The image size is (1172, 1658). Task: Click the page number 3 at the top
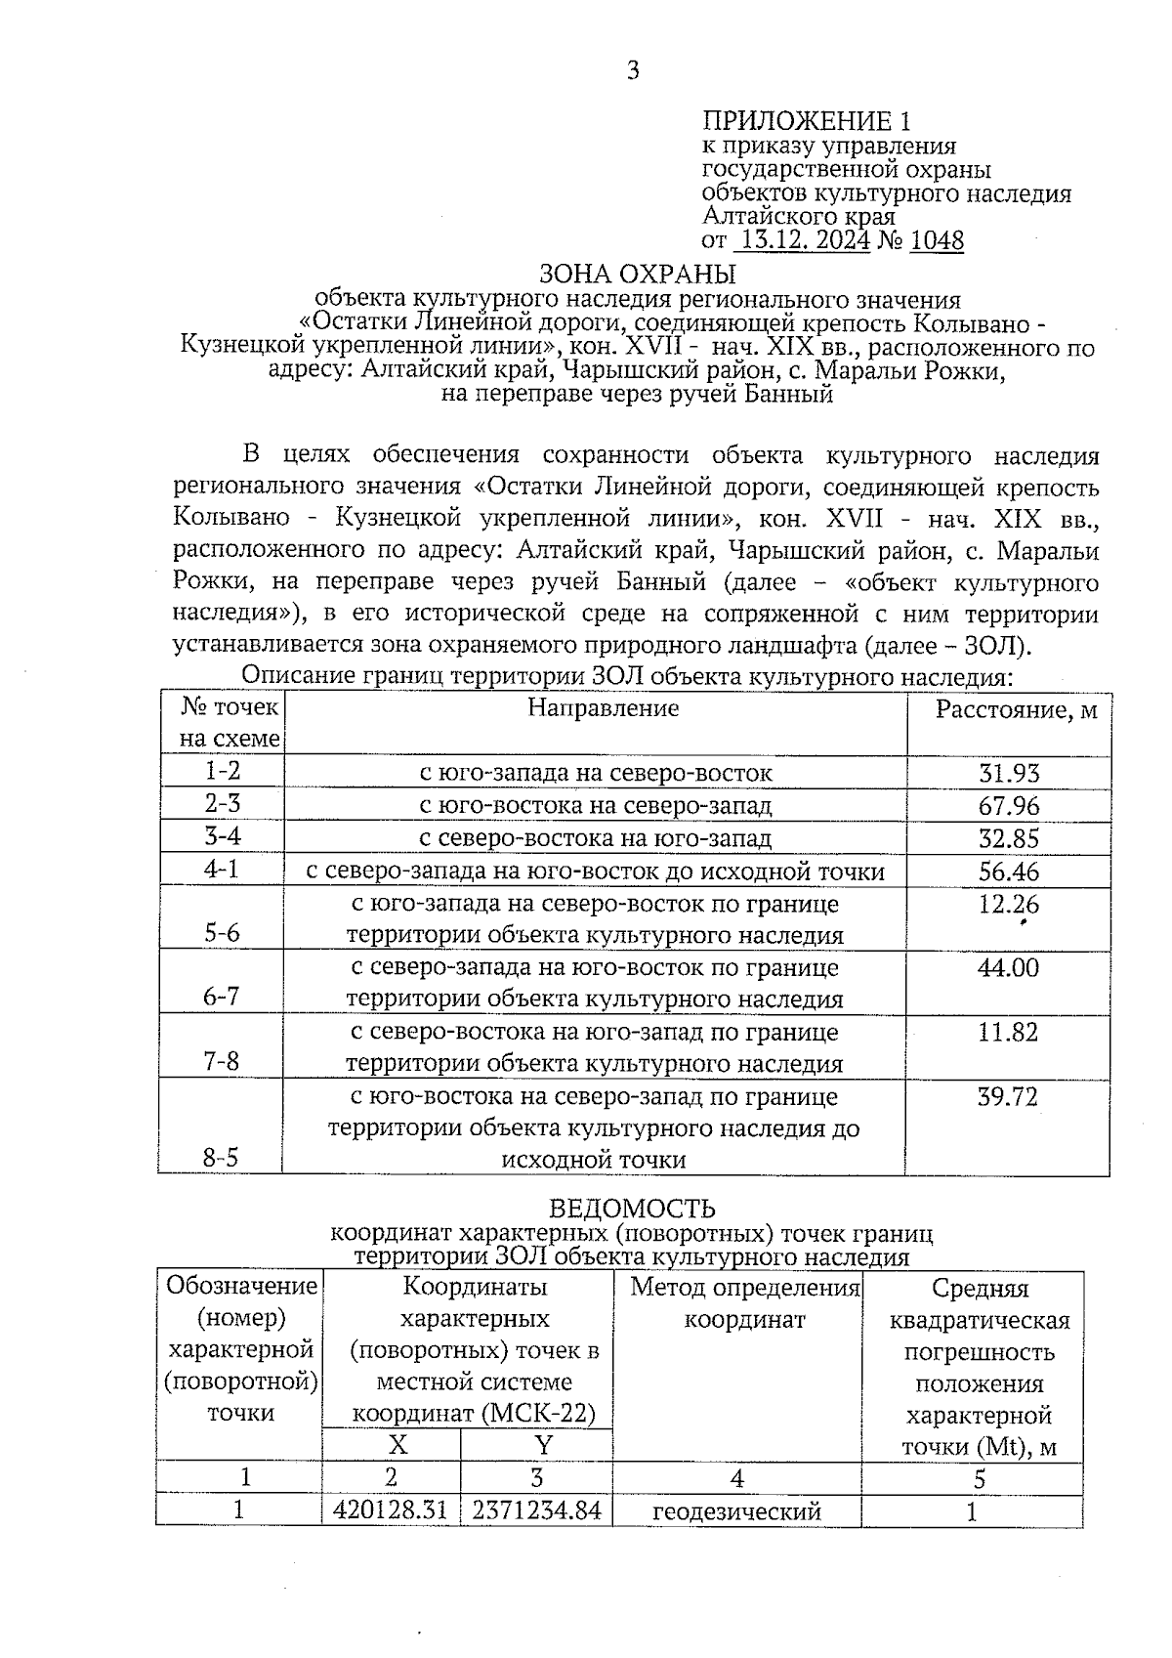tap(633, 70)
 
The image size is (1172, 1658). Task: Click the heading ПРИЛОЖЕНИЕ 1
tap(806, 121)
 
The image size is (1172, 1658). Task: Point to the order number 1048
tap(936, 240)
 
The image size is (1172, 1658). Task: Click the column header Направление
tap(603, 707)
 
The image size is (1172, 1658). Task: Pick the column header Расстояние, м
tap(1015, 710)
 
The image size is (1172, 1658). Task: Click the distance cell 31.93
tap(1009, 773)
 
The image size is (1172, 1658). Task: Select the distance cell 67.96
tap(1009, 806)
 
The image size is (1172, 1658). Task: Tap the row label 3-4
tap(223, 836)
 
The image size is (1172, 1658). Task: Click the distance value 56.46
tap(1009, 871)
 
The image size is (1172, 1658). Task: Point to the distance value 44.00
tap(1009, 967)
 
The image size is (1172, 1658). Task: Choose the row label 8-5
tap(221, 1158)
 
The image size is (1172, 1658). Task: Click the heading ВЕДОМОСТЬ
tap(632, 1211)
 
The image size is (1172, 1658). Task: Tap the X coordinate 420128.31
tap(391, 1510)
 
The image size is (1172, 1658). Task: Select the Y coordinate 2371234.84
tap(536, 1510)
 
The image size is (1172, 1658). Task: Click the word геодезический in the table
tap(736, 1511)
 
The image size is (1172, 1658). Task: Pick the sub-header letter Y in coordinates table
tap(543, 1445)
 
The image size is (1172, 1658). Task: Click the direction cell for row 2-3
tap(595, 806)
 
